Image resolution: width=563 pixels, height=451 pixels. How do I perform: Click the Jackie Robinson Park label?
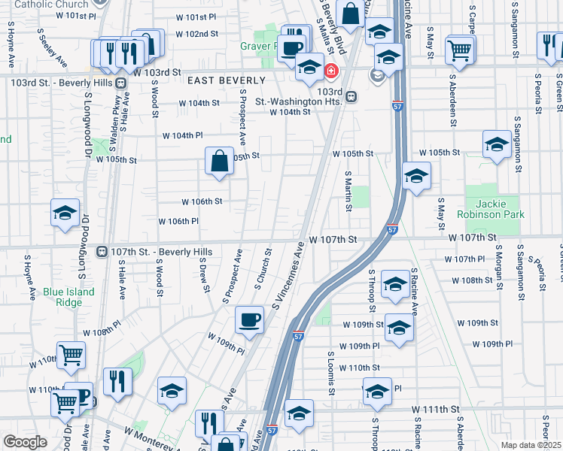[495, 209]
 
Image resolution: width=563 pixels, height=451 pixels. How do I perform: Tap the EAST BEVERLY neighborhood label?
[227, 80]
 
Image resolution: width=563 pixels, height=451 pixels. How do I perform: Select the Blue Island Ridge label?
[68, 297]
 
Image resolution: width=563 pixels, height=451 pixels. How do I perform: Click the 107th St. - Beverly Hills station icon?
[102, 250]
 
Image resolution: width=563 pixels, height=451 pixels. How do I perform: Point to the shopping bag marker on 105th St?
[218, 161]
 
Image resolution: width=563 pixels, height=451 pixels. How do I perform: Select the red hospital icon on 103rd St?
[330, 72]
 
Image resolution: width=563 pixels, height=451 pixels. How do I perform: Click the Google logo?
[25, 442]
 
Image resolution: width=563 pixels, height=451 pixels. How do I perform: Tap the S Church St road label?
[263, 266]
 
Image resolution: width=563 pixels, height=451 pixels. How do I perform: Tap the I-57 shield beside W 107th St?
[392, 231]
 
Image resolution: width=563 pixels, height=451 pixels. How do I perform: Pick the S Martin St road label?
[348, 191]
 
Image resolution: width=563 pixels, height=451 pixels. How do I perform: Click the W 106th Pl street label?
[178, 221]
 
